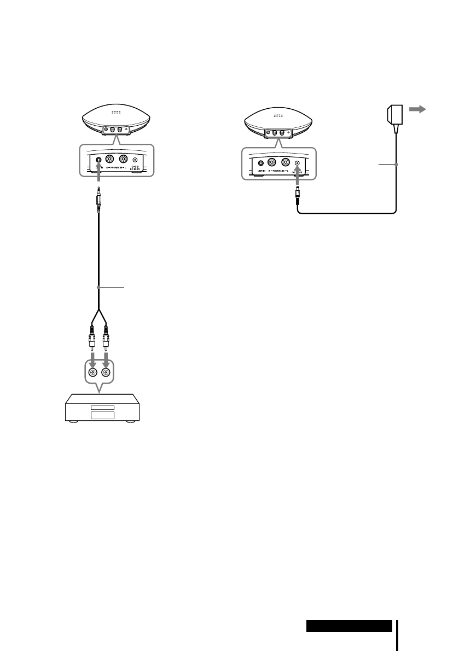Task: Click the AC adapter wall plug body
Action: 394,115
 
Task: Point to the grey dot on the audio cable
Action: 98,286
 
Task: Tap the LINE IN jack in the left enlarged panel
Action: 98,160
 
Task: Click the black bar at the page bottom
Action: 349,625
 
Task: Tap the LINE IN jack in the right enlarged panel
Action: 261,162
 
